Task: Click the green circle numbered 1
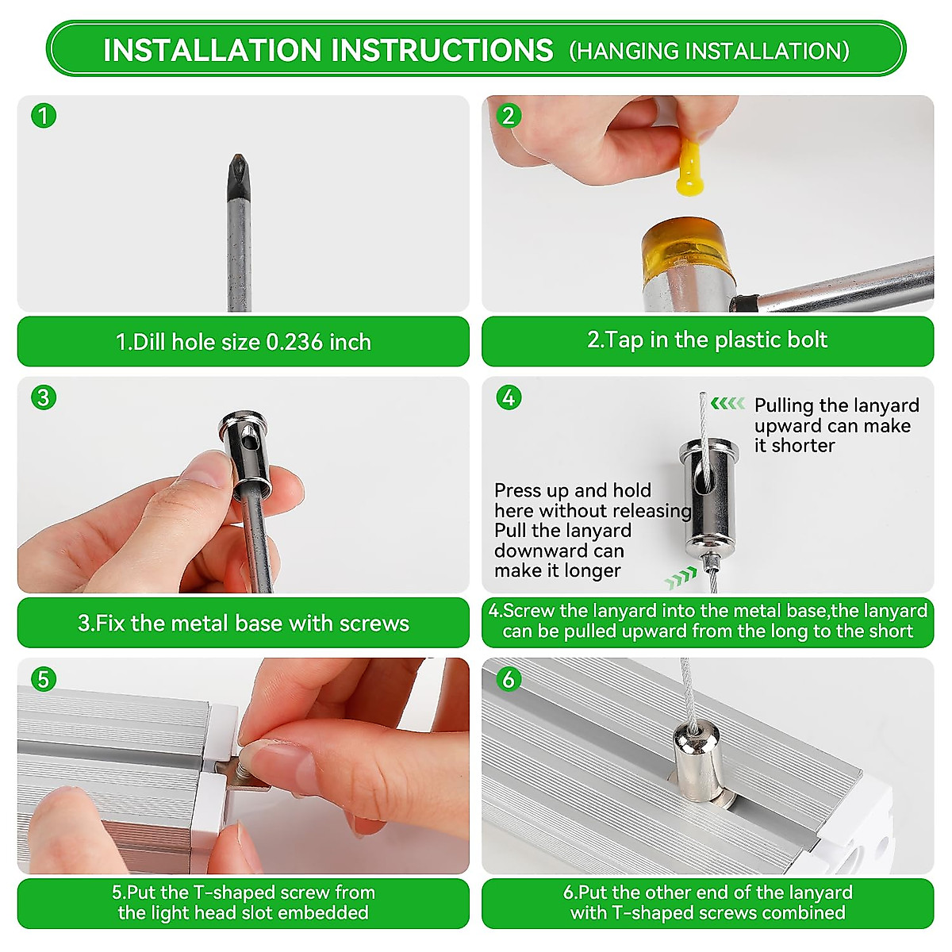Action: point(44,116)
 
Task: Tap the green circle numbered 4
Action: point(509,397)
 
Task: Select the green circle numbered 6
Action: point(509,679)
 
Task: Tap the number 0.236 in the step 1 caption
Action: point(294,342)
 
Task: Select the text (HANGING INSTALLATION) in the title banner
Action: point(709,51)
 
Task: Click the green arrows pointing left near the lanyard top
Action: point(728,404)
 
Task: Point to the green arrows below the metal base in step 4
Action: point(681,578)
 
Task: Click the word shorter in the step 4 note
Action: point(803,446)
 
